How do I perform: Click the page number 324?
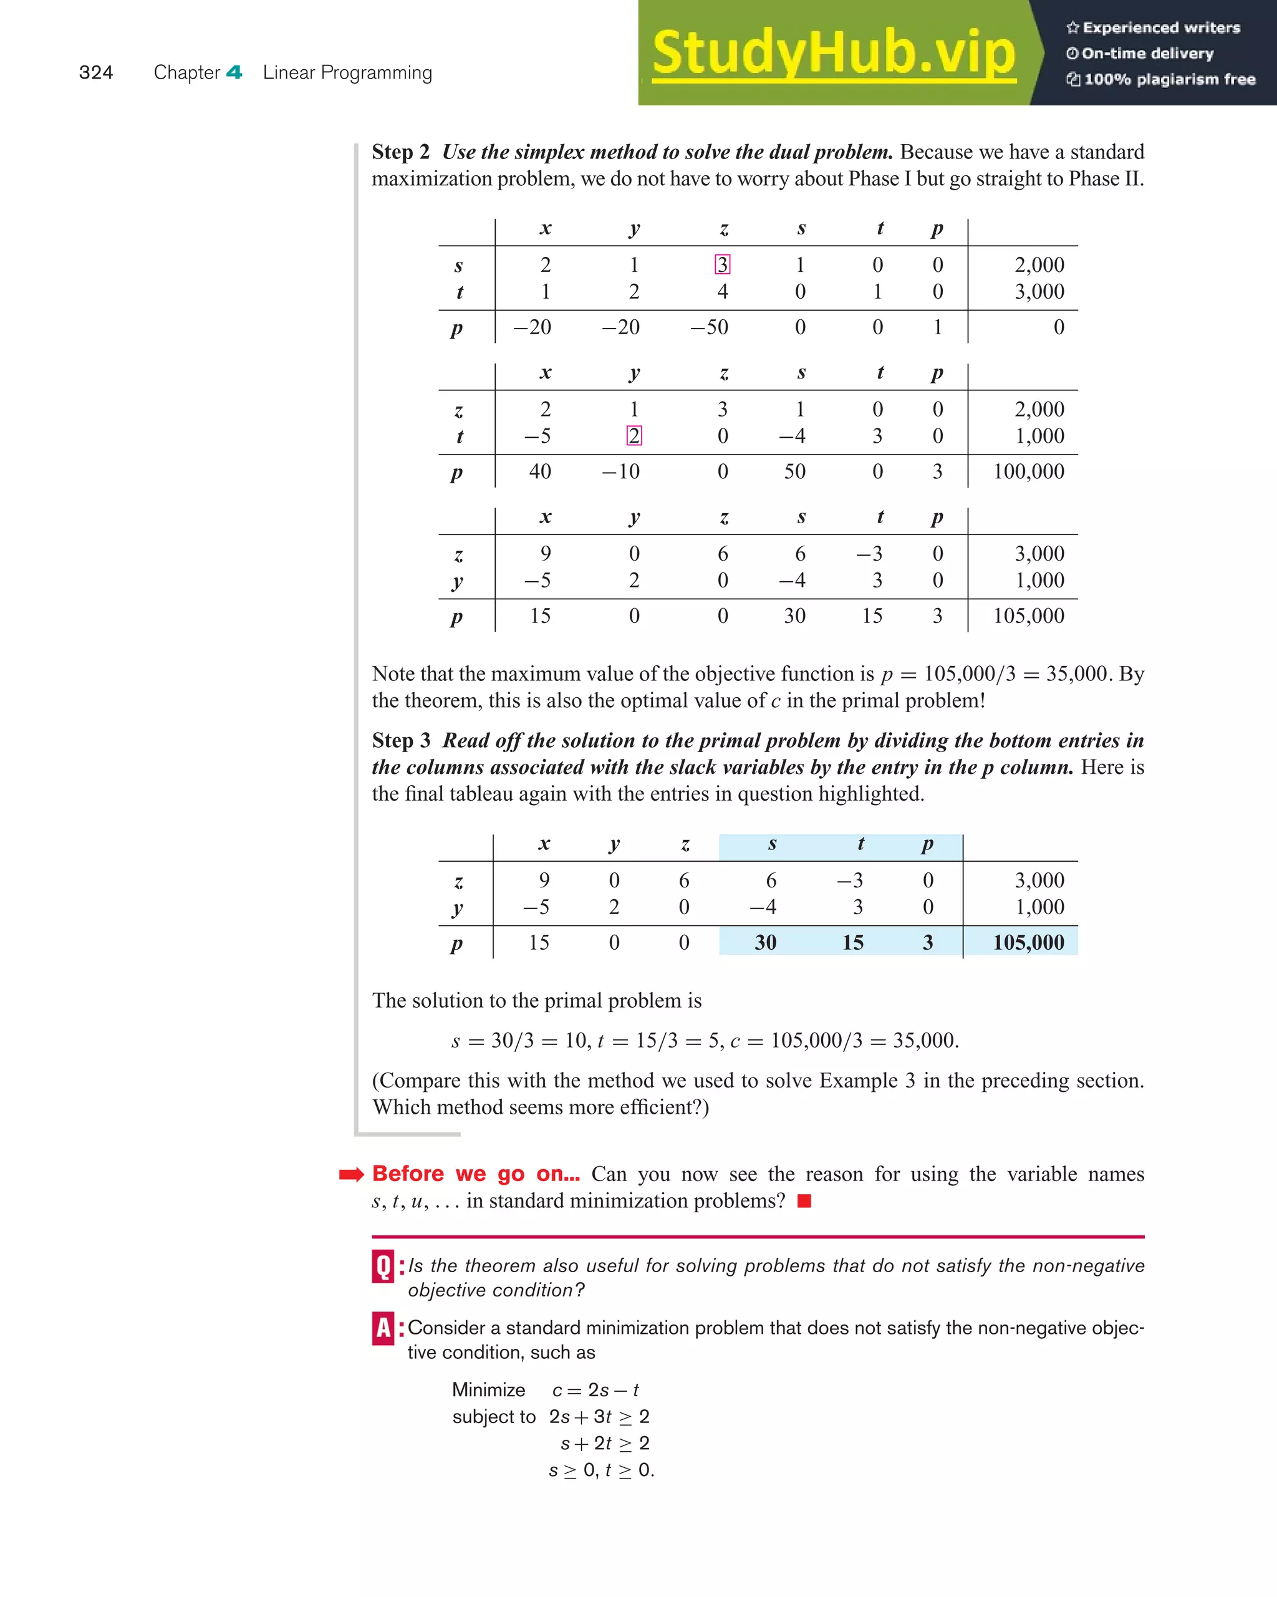click(x=95, y=72)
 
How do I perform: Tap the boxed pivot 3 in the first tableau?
click(x=722, y=264)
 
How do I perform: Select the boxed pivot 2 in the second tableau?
click(x=634, y=435)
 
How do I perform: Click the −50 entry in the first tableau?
click(x=709, y=327)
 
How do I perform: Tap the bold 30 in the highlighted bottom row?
click(x=765, y=942)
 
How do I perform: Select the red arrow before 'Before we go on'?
click(x=351, y=1174)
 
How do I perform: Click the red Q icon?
click(x=383, y=1266)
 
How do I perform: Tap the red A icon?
click(x=383, y=1328)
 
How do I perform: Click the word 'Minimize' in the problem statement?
click(x=488, y=1389)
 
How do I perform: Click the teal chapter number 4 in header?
click(x=234, y=72)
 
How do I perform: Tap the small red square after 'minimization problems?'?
click(x=804, y=1201)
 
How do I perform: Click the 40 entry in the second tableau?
click(x=540, y=471)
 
